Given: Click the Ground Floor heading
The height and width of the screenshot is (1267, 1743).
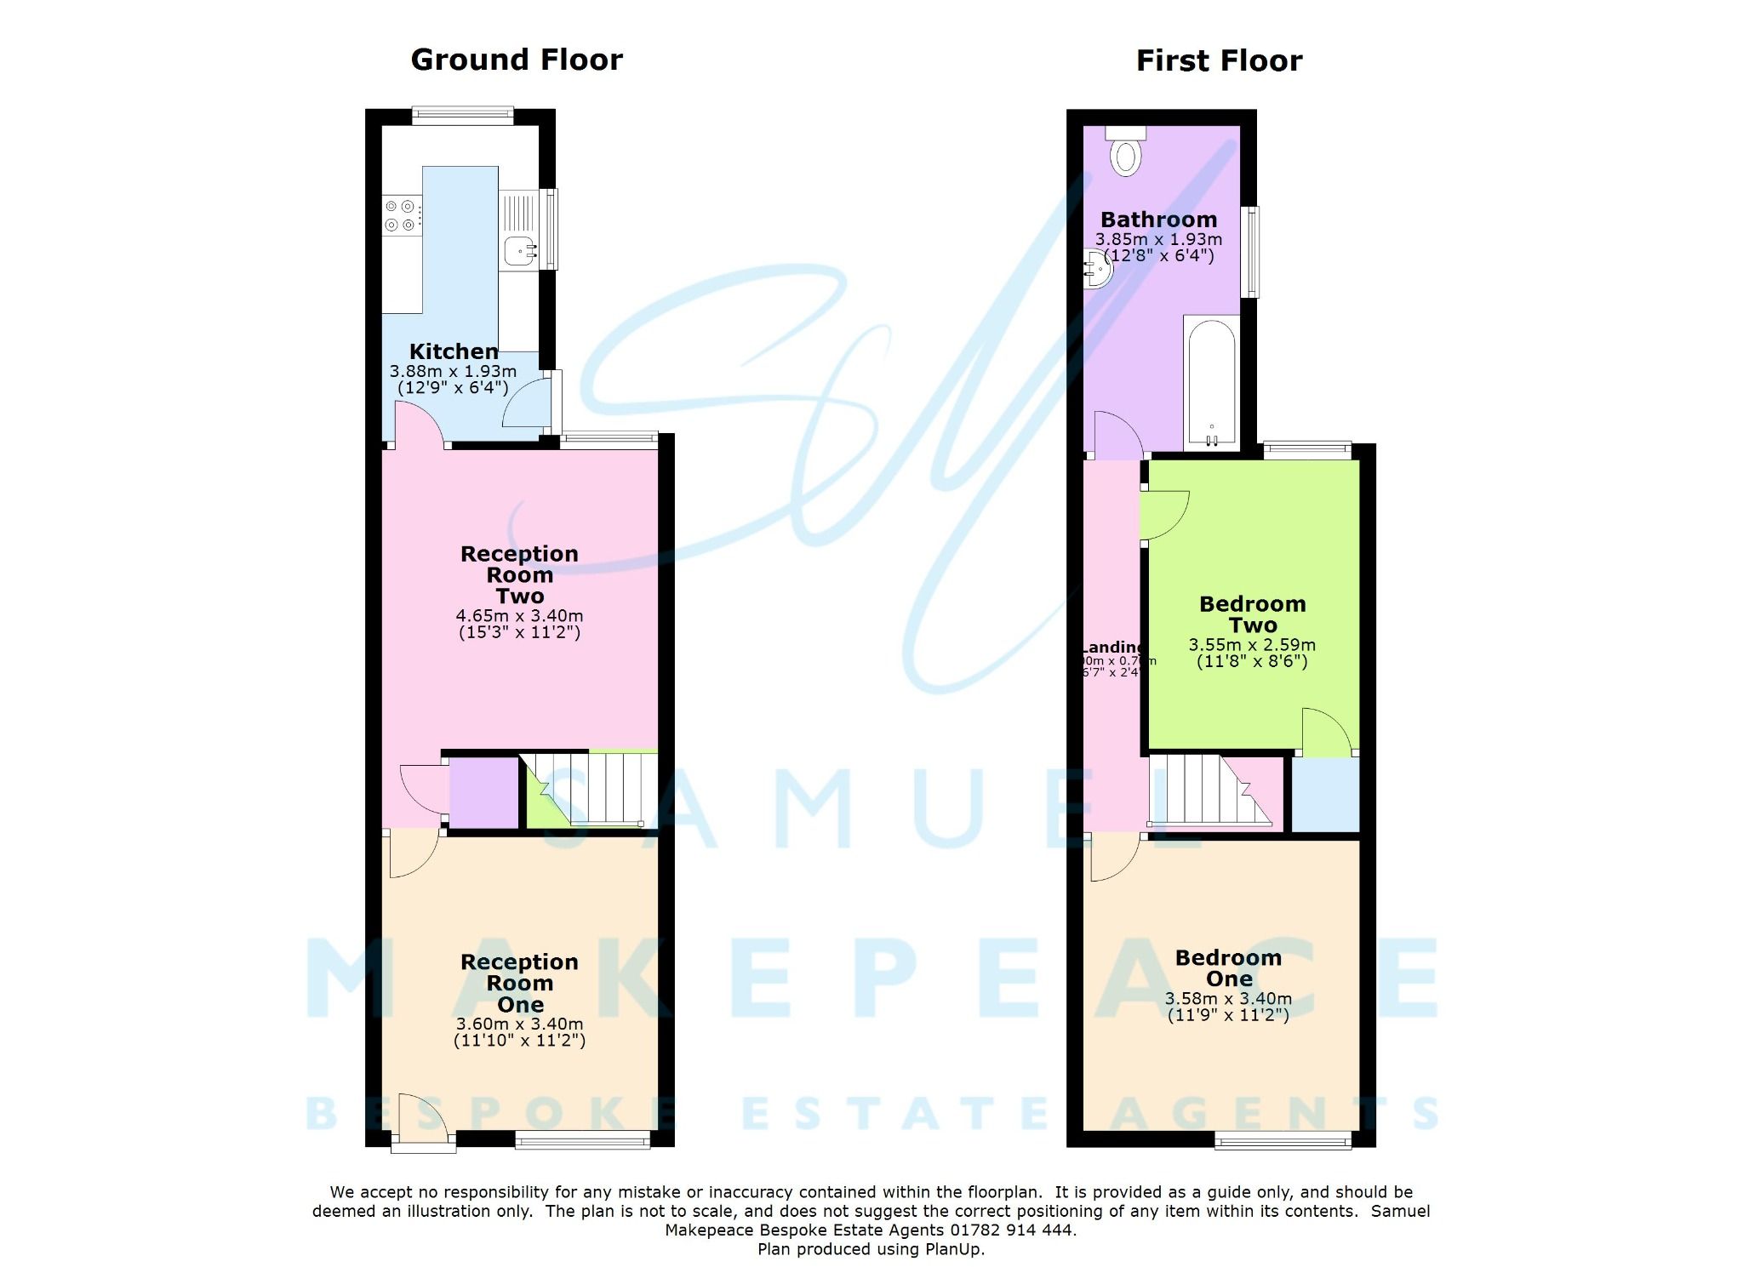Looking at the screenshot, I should [x=517, y=60].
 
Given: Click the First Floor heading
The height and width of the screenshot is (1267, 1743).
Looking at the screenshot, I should [x=1219, y=61].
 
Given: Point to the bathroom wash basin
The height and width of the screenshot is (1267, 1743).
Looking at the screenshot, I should [x=1096, y=270].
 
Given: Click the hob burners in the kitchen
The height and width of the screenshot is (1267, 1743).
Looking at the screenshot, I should [x=401, y=215].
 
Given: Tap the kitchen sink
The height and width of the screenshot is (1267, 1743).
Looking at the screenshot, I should [x=518, y=250].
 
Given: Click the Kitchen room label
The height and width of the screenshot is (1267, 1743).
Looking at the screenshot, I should [x=453, y=351].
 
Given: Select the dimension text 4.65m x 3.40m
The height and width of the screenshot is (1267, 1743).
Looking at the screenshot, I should [x=519, y=615].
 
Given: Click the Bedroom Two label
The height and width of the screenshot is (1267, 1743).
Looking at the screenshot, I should [x=1252, y=614].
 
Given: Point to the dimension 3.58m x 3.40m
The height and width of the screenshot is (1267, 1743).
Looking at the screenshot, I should [x=1228, y=999].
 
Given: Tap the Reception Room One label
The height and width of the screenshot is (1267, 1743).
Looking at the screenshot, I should [x=519, y=983].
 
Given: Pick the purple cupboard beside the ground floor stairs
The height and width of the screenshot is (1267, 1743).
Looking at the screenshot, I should [x=483, y=792].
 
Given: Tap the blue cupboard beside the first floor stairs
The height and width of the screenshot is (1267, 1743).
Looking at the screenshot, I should [x=1325, y=795].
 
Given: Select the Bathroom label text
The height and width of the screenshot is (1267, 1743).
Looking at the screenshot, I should [x=1158, y=220].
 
